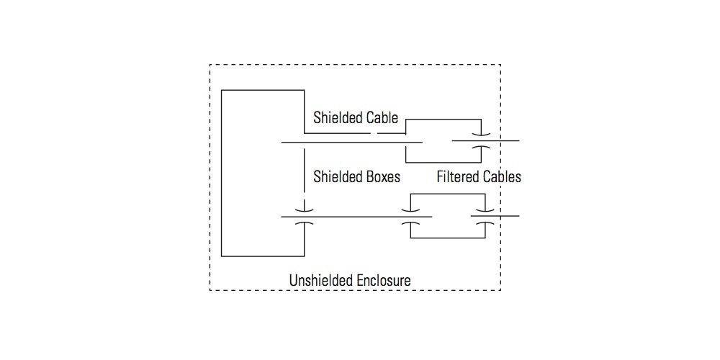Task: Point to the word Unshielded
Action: pyautogui.click(x=321, y=279)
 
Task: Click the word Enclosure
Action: pyautogui.click(x=384, y=279)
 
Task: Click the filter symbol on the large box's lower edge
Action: pyautogui.click(x=305, y=215)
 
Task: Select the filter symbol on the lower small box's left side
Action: pyautogui.click(x=410, y=215)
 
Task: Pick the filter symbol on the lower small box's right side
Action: pyautogui.click(x=483, y=215)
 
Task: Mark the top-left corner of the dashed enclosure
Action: pyautogui.click(x=210, y=65)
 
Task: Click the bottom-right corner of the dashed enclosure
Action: pyautogui.click(x=500, y=290)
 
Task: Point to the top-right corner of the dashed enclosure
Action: pyautogui.click(x=500, y=65)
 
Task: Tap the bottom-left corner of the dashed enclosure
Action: pyautogui.click(x=210, y=290)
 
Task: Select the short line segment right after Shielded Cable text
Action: pyautogui.click(x=388, y=133)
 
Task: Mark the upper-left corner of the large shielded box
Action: pyautogui.click(x=222, y=91)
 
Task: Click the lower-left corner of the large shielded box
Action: pyautogui.click(x=222, y=256)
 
